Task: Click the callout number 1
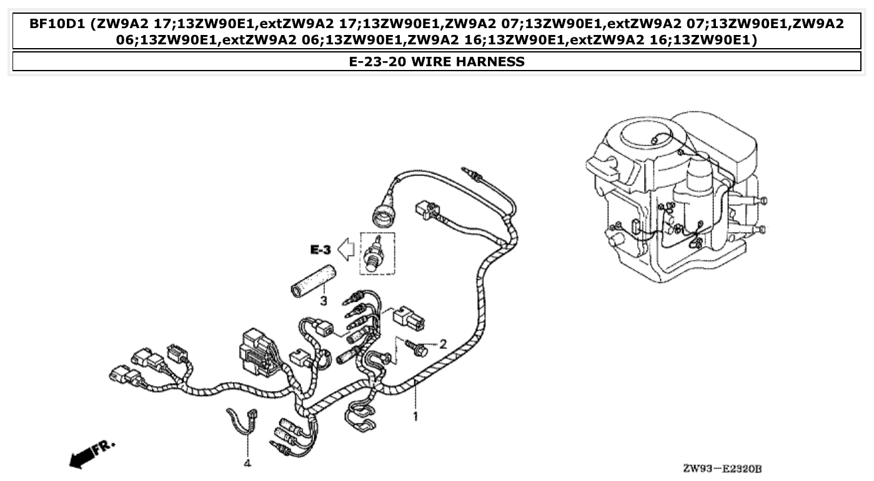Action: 414,415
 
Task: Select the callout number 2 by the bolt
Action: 443,343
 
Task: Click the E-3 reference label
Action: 320,250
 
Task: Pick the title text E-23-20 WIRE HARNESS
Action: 437,61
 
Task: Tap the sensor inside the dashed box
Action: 377,253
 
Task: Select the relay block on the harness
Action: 256,354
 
